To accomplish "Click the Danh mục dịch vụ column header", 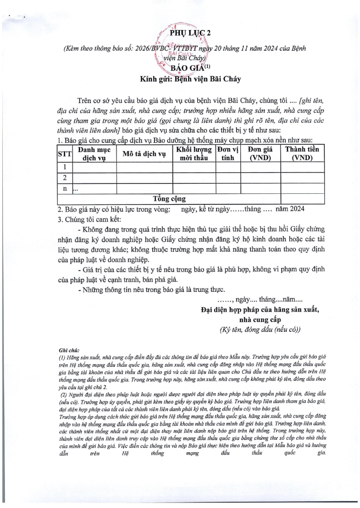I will [94, 153].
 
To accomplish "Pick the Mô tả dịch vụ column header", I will [144, 153].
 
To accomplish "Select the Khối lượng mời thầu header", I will [194, 153].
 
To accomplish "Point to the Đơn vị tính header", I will [228, 153].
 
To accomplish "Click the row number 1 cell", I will [65, 167].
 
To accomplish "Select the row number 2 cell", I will [65, 178].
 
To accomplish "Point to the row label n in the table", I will [65, 189].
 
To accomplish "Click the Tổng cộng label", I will [169, 199].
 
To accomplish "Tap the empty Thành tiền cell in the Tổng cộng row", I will [302, 199].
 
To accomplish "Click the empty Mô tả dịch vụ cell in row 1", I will [144, 167].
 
